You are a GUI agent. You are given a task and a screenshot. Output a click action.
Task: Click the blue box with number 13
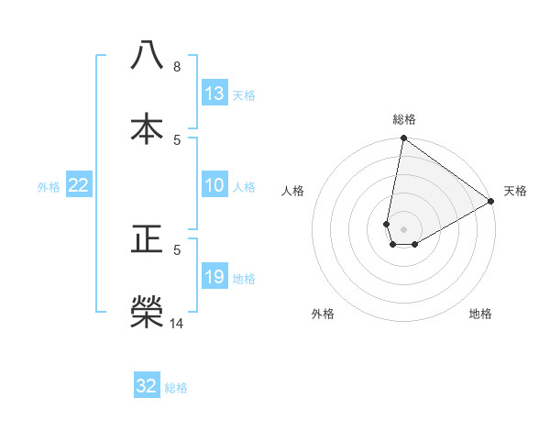coord(214,94)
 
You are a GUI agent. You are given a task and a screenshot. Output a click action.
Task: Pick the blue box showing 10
coord(214,185)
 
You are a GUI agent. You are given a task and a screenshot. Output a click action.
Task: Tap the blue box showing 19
coord(214,277)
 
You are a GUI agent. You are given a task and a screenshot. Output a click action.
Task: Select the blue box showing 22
coord(79,185)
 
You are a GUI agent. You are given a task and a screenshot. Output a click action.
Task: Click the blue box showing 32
coord(147,386)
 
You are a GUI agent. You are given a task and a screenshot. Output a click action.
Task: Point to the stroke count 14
coord(177,323)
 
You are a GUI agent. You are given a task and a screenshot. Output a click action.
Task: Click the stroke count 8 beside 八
coord(177,66)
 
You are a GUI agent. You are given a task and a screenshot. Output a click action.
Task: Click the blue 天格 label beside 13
coord(244,95)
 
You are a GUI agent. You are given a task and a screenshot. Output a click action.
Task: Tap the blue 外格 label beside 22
coord(49,187)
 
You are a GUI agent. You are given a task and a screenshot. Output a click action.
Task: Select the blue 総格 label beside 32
coord(176,388)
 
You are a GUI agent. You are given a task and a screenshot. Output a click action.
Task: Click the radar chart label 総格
coord(404,119)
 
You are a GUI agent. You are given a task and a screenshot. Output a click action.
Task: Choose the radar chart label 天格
coord(515,191)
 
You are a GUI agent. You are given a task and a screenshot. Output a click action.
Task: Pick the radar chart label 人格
coord(293,191)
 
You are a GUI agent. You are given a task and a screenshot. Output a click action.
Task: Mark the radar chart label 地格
coord(480,314)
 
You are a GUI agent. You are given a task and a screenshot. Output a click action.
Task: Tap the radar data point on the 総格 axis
coord(404,138)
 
